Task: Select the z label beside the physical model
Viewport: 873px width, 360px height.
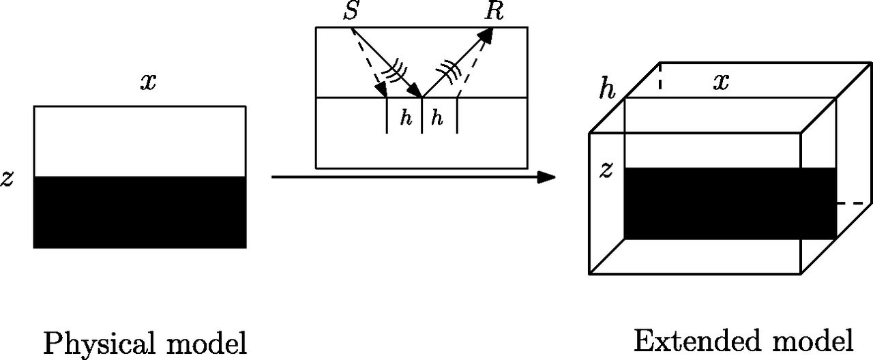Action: pyautogui.click(x=8, y=179)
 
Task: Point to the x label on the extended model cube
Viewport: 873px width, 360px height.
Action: pyautogui.click(x=721, y=82)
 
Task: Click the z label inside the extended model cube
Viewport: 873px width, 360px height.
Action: pyautogui.click(x=606, y=170)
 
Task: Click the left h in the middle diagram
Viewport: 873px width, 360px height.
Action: pyautogui.click(x=406, y=118)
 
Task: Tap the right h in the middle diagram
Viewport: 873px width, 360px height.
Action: pyautogui.click(x=437, y=118)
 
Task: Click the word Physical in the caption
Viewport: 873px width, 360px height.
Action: pyautogui.click(x=95, y=344)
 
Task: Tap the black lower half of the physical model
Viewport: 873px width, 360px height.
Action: pyautogui.click(x=140, y=212)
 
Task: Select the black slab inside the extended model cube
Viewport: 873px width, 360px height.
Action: pyautogui.click(x=730, y=203)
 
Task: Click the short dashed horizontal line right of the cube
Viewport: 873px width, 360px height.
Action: pyautogui.click(x=854, y=203)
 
